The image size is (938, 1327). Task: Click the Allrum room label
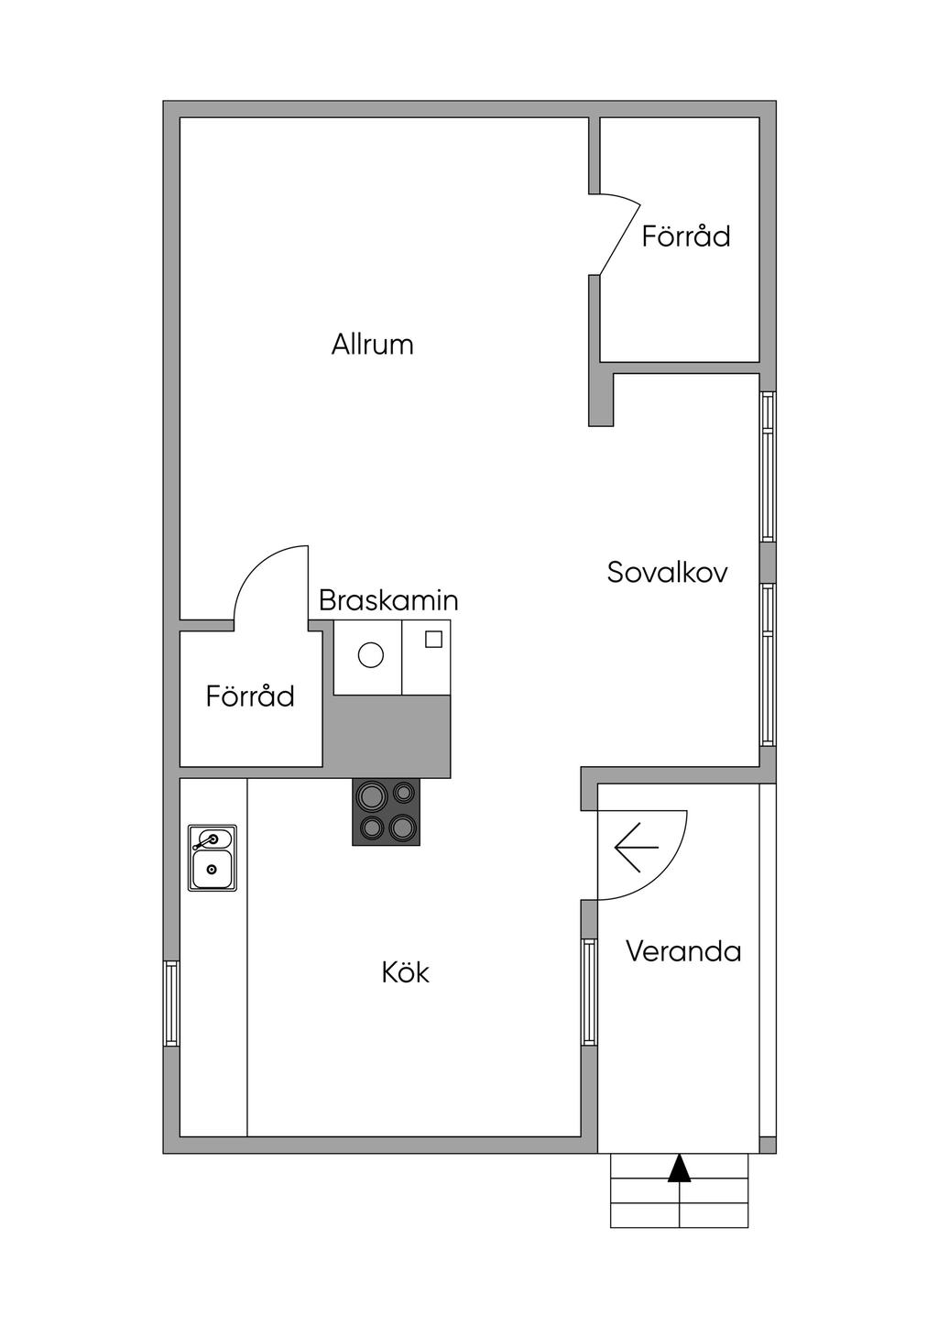372,345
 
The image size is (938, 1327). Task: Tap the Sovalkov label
667,572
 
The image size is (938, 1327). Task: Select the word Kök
406,972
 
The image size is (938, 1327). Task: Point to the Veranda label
683,951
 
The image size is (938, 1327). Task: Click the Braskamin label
388,600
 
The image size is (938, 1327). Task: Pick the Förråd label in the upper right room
686,236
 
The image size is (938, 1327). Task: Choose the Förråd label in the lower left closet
250,696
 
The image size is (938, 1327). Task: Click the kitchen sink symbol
212,858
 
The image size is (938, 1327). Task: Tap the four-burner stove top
386,812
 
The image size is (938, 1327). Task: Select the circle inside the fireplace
371,654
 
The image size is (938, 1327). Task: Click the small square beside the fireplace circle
433,639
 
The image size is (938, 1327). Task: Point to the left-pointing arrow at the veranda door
637,847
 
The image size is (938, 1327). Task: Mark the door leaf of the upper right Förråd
620,239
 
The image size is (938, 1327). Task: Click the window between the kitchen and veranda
589,993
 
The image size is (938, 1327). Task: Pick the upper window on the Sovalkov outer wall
768,466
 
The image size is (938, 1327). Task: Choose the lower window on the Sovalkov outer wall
768,664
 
